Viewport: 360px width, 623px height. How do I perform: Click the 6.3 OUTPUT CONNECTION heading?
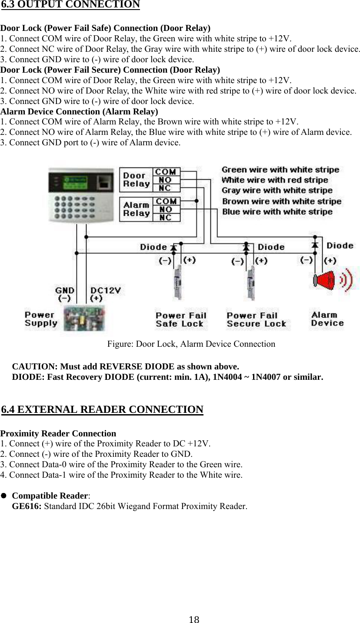pos(70,5)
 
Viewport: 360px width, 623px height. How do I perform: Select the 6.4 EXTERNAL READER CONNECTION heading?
pos(102,410)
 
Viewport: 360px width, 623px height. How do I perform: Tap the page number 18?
pos(194,620)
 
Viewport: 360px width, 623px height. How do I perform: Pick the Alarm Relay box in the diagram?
pos(136,209)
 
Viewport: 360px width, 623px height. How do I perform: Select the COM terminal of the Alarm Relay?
pos(166,201)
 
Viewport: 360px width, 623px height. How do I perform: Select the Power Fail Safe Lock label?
pos(180,320)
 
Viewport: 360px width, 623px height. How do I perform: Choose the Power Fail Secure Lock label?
pos(256,320)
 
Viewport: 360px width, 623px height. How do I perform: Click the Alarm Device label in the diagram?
pos(327,319)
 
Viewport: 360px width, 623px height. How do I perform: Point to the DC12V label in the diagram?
pos(105,290)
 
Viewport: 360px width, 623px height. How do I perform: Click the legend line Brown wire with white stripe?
pos(281,201)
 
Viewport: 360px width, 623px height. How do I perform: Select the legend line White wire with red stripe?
pos(274,180)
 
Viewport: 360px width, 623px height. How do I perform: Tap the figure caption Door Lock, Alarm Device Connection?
pos(191,344)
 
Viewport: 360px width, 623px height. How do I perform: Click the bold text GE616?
pos(26,506)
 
